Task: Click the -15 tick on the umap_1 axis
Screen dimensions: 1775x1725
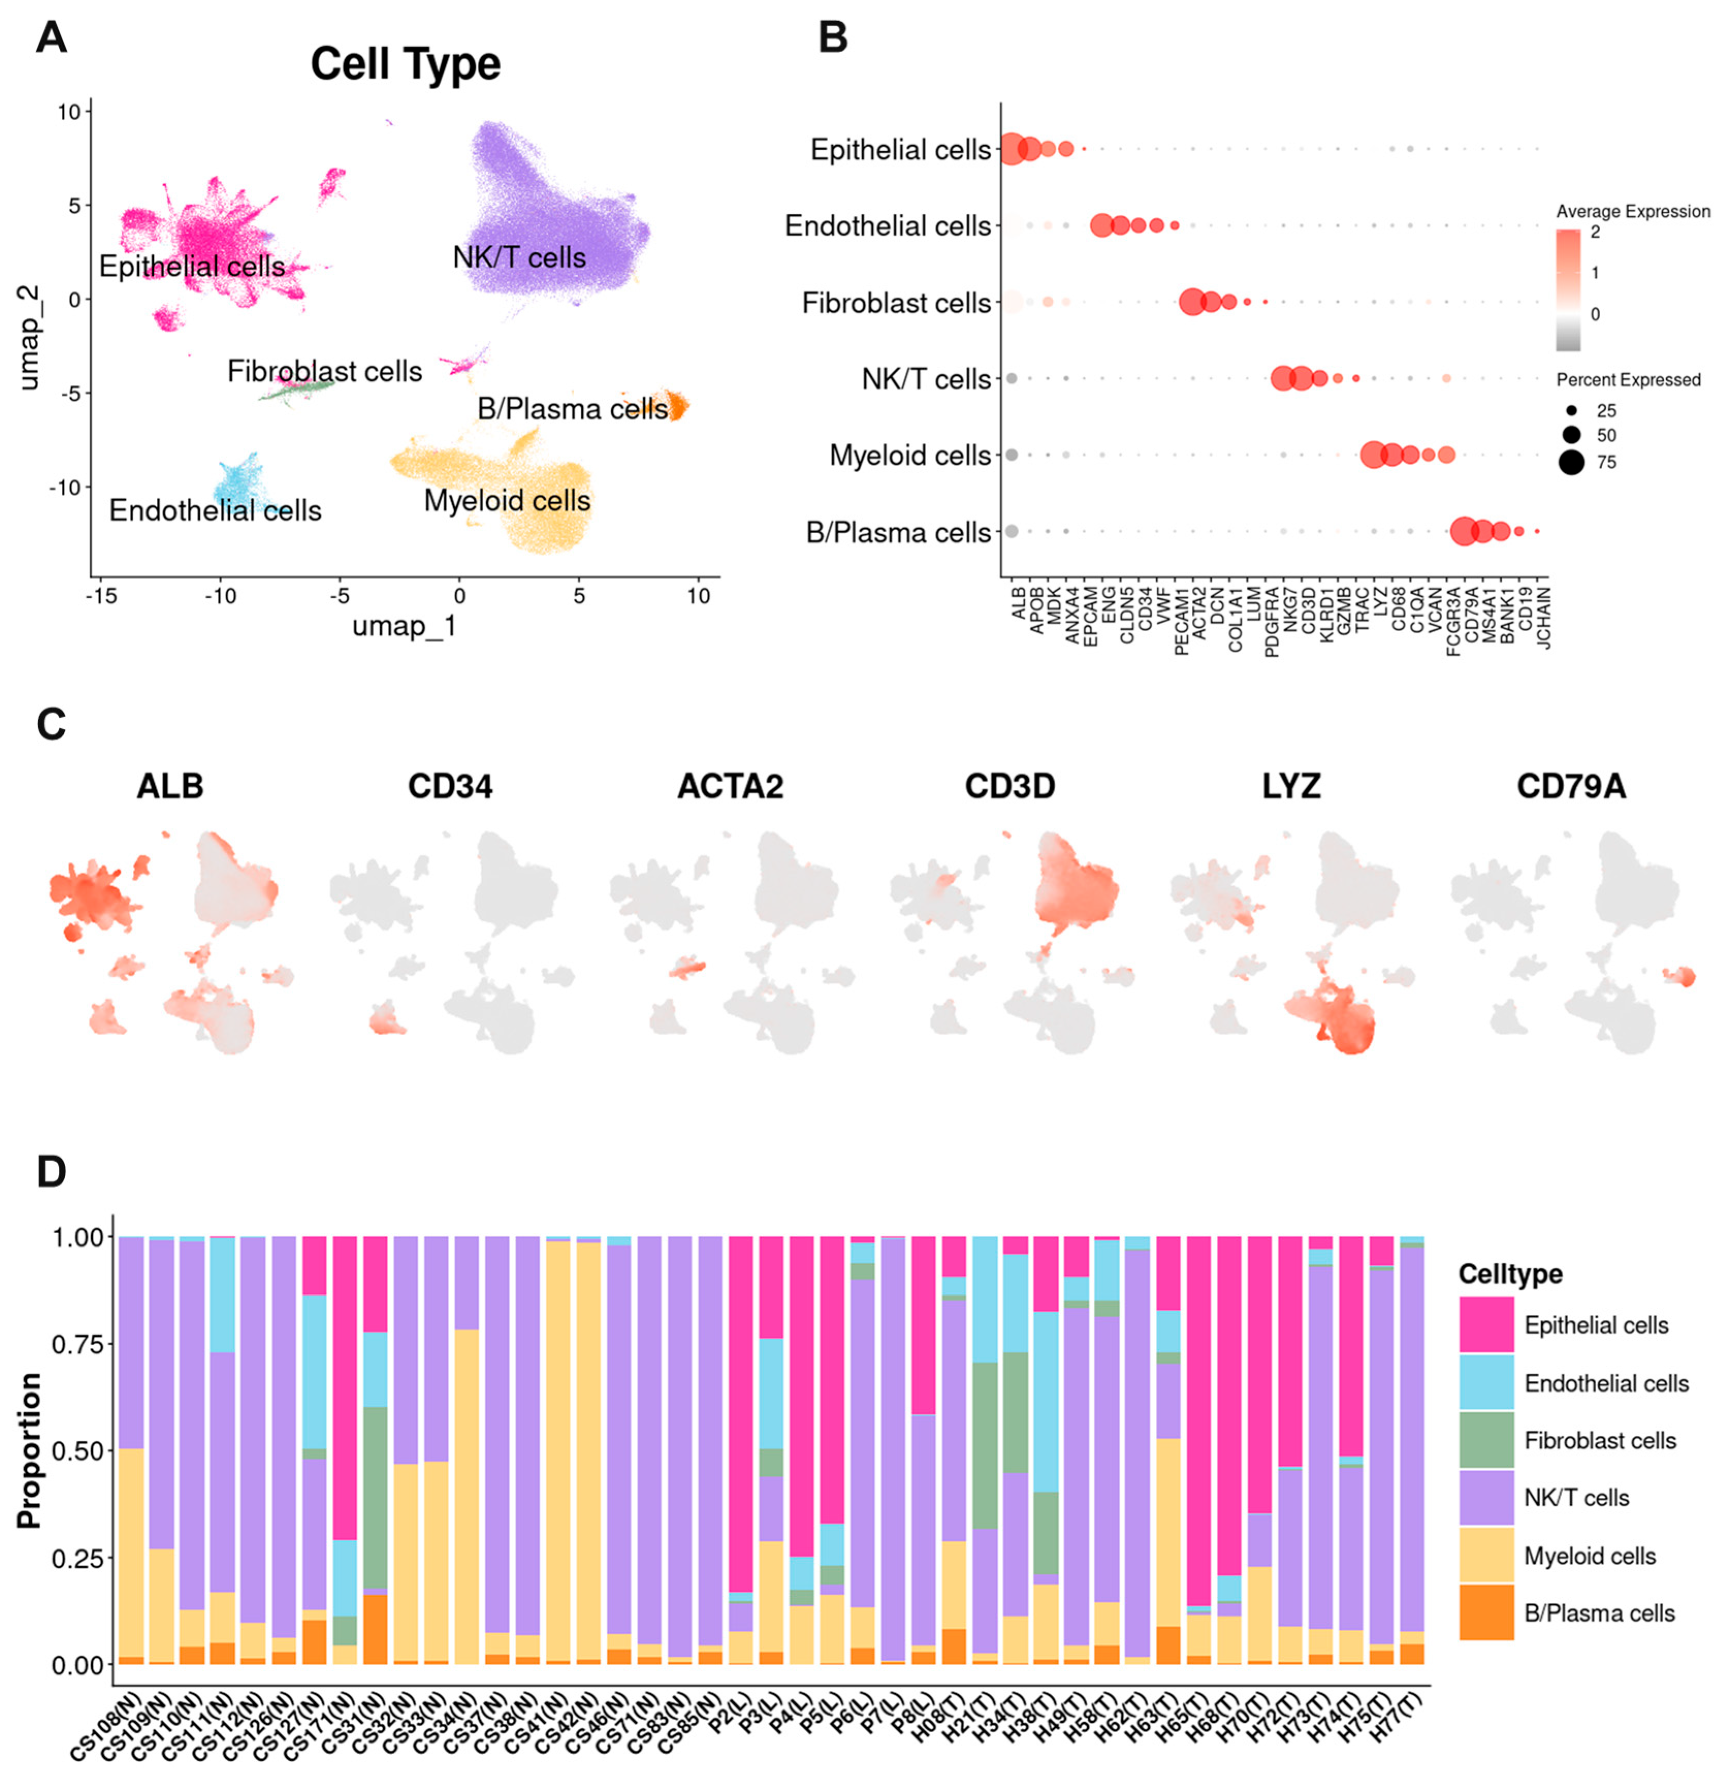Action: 102,596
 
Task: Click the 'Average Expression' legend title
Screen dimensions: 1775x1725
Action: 1633,211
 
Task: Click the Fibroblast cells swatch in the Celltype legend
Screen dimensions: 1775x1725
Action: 1486,1441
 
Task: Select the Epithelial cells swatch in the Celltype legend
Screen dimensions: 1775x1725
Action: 1486,1325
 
